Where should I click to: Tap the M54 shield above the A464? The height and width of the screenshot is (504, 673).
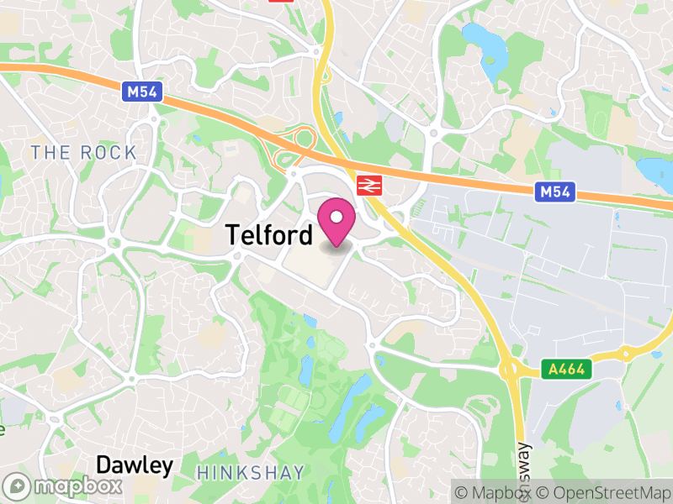(x=555, y=192)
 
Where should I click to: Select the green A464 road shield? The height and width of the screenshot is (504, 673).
(x=565, y=369)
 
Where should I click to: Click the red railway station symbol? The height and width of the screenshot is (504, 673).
(x=368, y=186)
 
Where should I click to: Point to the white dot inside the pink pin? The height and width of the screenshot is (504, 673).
(x=336, y=218)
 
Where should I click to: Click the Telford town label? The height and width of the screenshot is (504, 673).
(x=269, y=236)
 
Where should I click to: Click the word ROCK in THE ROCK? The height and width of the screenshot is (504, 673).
(x=109, y=153)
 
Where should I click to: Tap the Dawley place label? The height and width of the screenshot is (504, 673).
(x=135, y=465)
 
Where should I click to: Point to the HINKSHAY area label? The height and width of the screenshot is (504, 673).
(x=251, y=473)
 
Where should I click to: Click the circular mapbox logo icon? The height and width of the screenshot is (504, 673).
(x=19, y=486)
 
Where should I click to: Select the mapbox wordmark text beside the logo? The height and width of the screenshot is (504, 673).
(x=76, y=486)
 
